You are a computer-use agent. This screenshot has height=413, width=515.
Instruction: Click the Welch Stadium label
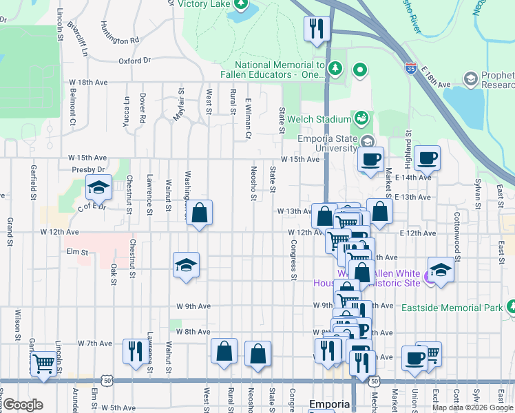[x=319, y=119]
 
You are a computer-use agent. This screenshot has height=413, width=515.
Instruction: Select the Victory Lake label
[x=203, y=3]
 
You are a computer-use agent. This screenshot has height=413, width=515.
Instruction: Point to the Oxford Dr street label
[x=134, y=61]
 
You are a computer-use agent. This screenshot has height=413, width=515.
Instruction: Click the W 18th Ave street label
[x=88, y=82]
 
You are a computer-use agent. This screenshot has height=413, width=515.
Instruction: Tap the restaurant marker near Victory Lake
[x=317, y=29]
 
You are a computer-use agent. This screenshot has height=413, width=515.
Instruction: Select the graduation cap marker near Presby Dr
[x=98, y=187]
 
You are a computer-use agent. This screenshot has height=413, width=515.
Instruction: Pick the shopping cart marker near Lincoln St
[x=44, y=363]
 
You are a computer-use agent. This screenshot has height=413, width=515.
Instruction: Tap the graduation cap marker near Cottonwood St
[x=441, y=270]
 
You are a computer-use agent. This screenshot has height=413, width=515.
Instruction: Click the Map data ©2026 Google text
[x=472, y=407]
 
